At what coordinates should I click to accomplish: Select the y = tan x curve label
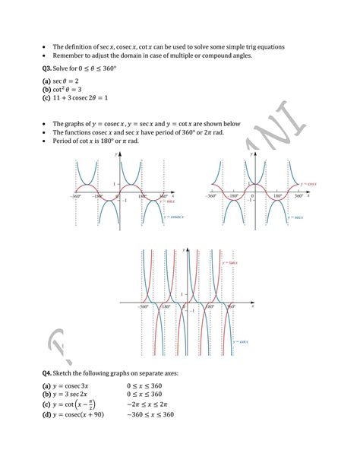tap(229, 262)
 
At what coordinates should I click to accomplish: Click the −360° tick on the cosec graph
tap(75, 197)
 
